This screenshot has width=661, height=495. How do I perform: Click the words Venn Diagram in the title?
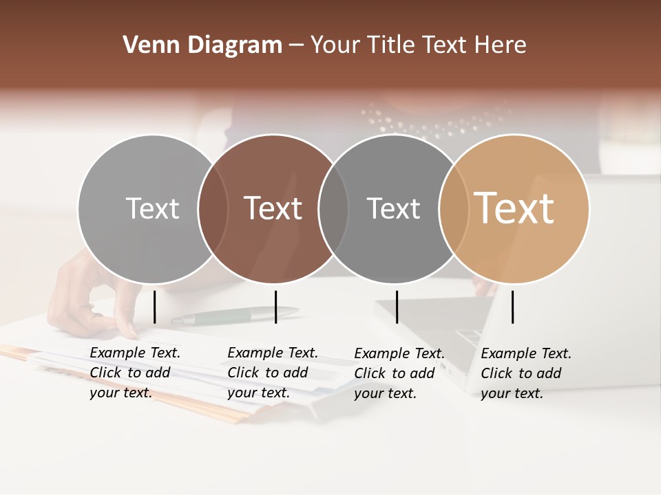(x=202, y=45)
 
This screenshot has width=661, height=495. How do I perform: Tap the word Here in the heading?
(x=501, y=45)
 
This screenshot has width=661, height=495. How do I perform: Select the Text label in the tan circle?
(x=514, y=208)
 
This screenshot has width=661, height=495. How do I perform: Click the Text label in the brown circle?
(x=273, y=208)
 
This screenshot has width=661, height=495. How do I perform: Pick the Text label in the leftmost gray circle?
(x=152, y=208)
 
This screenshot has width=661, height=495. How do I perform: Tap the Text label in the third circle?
(x=393, y=208)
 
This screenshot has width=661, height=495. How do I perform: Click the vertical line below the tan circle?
(x=512, y=307)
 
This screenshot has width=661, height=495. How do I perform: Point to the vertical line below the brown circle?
(x=275, y=307)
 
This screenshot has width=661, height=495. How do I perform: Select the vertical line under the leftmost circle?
(x=154, y=307)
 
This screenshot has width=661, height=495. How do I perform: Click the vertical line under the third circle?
(x=397, y=307)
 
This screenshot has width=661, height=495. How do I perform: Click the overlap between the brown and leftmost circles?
(x=213, y=208)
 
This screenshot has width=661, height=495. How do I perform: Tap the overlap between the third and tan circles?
(x=453, y=208)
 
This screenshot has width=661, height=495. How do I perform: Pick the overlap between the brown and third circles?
(x=333, y=208)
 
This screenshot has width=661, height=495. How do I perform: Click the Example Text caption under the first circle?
(x=134, y=373)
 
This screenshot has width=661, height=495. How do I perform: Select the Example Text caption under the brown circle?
(x=272, y=373)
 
